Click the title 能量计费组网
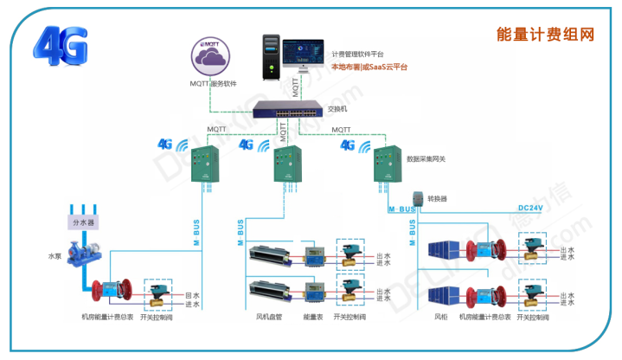tap(545, 34)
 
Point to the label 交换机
tap(337, 109)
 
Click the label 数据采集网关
tap(427, 160)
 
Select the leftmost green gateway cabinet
tap(206, 164)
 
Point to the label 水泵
tap(55, 257)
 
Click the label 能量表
tap(312, 318)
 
